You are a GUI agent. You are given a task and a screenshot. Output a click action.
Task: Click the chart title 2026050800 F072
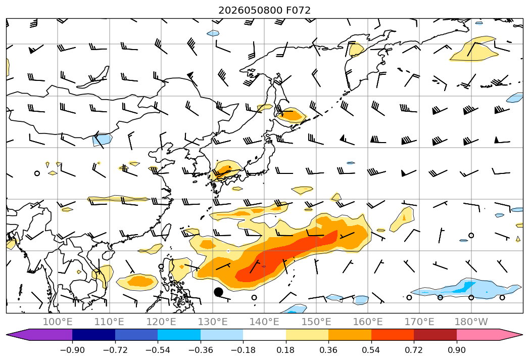point(264,10)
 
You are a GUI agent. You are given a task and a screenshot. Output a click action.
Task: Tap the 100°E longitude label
point(58,322)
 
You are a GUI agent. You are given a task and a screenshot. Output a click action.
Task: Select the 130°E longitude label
point(213,322)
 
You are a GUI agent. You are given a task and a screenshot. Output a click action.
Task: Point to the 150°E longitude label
point(316,322)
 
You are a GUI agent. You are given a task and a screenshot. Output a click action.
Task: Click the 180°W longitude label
point(471,322)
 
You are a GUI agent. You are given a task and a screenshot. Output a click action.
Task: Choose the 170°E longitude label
point(419,322)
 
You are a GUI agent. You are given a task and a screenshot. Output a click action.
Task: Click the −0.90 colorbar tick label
point(72,350)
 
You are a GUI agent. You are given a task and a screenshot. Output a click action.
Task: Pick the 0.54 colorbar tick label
point(371,350)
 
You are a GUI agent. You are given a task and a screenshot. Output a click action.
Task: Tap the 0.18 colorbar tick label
point(285,350)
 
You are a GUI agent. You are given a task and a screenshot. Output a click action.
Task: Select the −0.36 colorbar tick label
point(201,350)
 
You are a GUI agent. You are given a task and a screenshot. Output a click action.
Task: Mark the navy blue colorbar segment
point(93,334)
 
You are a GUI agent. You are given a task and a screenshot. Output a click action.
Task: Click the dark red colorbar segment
point(435,334)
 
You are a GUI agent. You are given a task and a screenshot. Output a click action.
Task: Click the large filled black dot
point(218,292)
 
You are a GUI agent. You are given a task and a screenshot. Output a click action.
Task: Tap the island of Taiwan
point(166,232)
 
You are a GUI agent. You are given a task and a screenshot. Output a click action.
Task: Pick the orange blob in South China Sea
point(137,281)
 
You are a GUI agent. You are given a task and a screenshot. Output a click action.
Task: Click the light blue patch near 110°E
point(102,139)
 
